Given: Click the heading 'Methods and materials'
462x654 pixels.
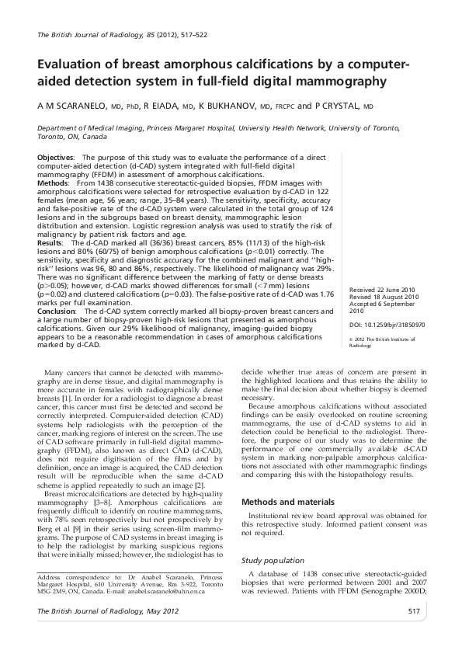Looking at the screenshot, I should (x=289, y=480).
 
